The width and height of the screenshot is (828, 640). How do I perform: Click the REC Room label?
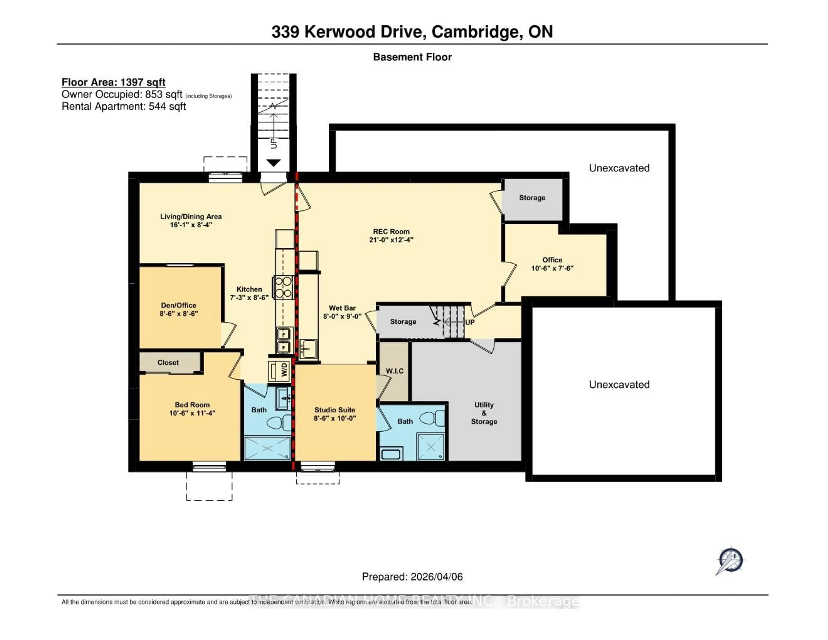(x=391, y=231)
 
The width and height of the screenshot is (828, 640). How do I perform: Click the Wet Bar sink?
(x=308, y=348)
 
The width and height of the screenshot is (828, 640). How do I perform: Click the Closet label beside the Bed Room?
(x=168, y=363)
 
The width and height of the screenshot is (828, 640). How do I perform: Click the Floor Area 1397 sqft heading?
(x=113, y=82)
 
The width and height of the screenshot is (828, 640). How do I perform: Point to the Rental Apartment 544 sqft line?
(x=124, y=107)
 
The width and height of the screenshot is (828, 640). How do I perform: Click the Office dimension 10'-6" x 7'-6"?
(x=552, y=268)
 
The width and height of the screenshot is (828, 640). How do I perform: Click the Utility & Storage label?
(x=484, y=413)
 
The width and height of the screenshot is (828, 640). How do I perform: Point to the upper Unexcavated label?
(x=619, y=168)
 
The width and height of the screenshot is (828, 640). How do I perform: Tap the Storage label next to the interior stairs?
(x=403, y=322)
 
